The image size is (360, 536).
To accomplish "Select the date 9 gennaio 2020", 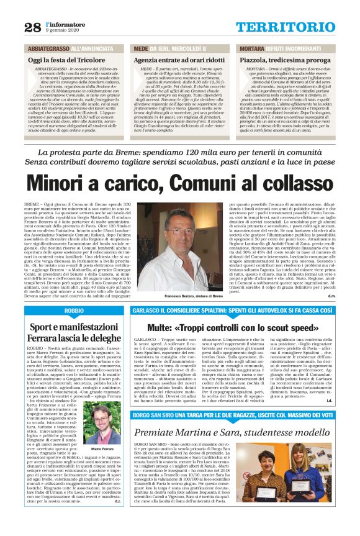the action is (60, 30).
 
